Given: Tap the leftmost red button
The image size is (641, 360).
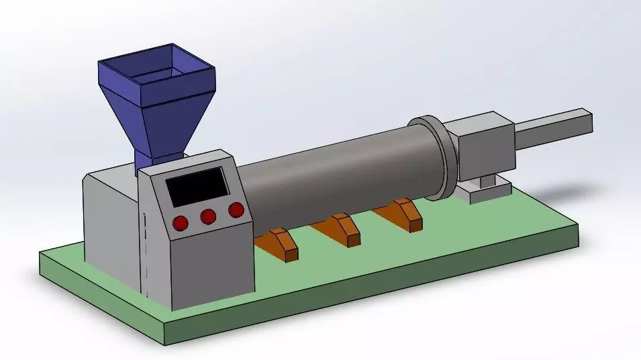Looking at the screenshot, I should pyautogui.click(x=181, y=223).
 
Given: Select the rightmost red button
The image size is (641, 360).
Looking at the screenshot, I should pyautogui.click(x=236, y=210).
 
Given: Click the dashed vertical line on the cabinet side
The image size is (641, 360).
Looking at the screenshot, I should pyautogui.click(x=143, y=252).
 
